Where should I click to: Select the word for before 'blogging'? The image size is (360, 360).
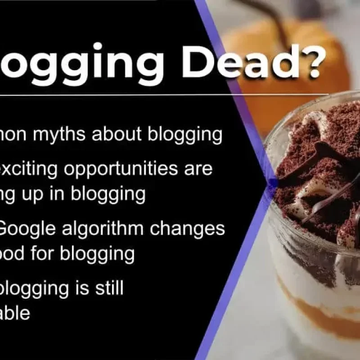click(x=45, y=253)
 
